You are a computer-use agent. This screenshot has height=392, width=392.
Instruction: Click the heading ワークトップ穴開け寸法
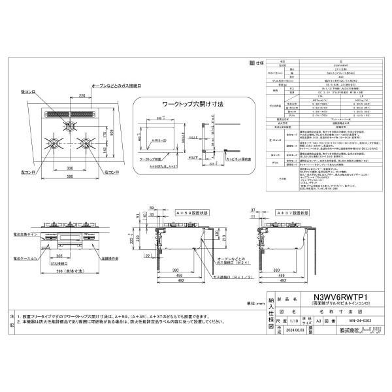[172, 103]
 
